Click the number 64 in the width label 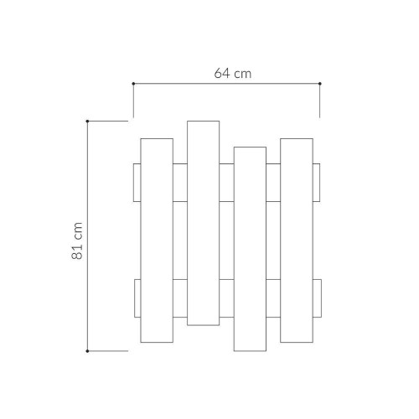[221, 73]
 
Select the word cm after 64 [242, 73]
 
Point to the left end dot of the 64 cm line [133, 83]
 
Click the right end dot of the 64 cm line [320, 83]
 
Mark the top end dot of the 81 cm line [88, 122]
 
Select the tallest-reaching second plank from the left [203, 222]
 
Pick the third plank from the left [251, 249]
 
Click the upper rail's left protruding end [137, 183]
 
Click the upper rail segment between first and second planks [180, 183]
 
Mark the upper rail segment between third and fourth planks [273, 183]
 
